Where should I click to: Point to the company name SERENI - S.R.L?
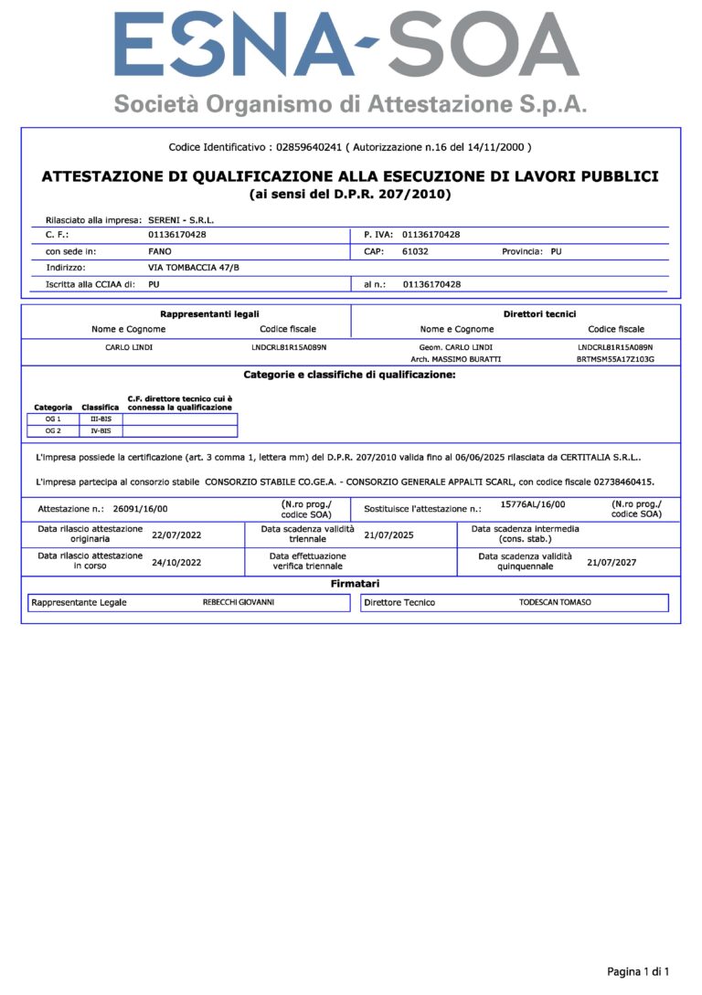click(181, 220)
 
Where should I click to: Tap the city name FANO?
click(160, 250)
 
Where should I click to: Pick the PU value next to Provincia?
click(557, 250)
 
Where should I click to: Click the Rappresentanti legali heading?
click(209, 314)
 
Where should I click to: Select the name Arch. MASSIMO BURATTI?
click(450, 359)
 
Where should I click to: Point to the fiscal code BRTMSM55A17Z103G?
click(615, 359)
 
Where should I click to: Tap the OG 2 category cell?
click(53, 430)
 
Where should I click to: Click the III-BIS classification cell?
click(101, 418)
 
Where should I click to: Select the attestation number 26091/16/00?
click(141, 507)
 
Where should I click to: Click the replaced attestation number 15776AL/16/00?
click(533, 504)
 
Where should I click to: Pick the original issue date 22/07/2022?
click(176, 535)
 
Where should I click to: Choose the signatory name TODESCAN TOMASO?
click(555, 603)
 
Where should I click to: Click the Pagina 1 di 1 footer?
click(638, 971)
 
